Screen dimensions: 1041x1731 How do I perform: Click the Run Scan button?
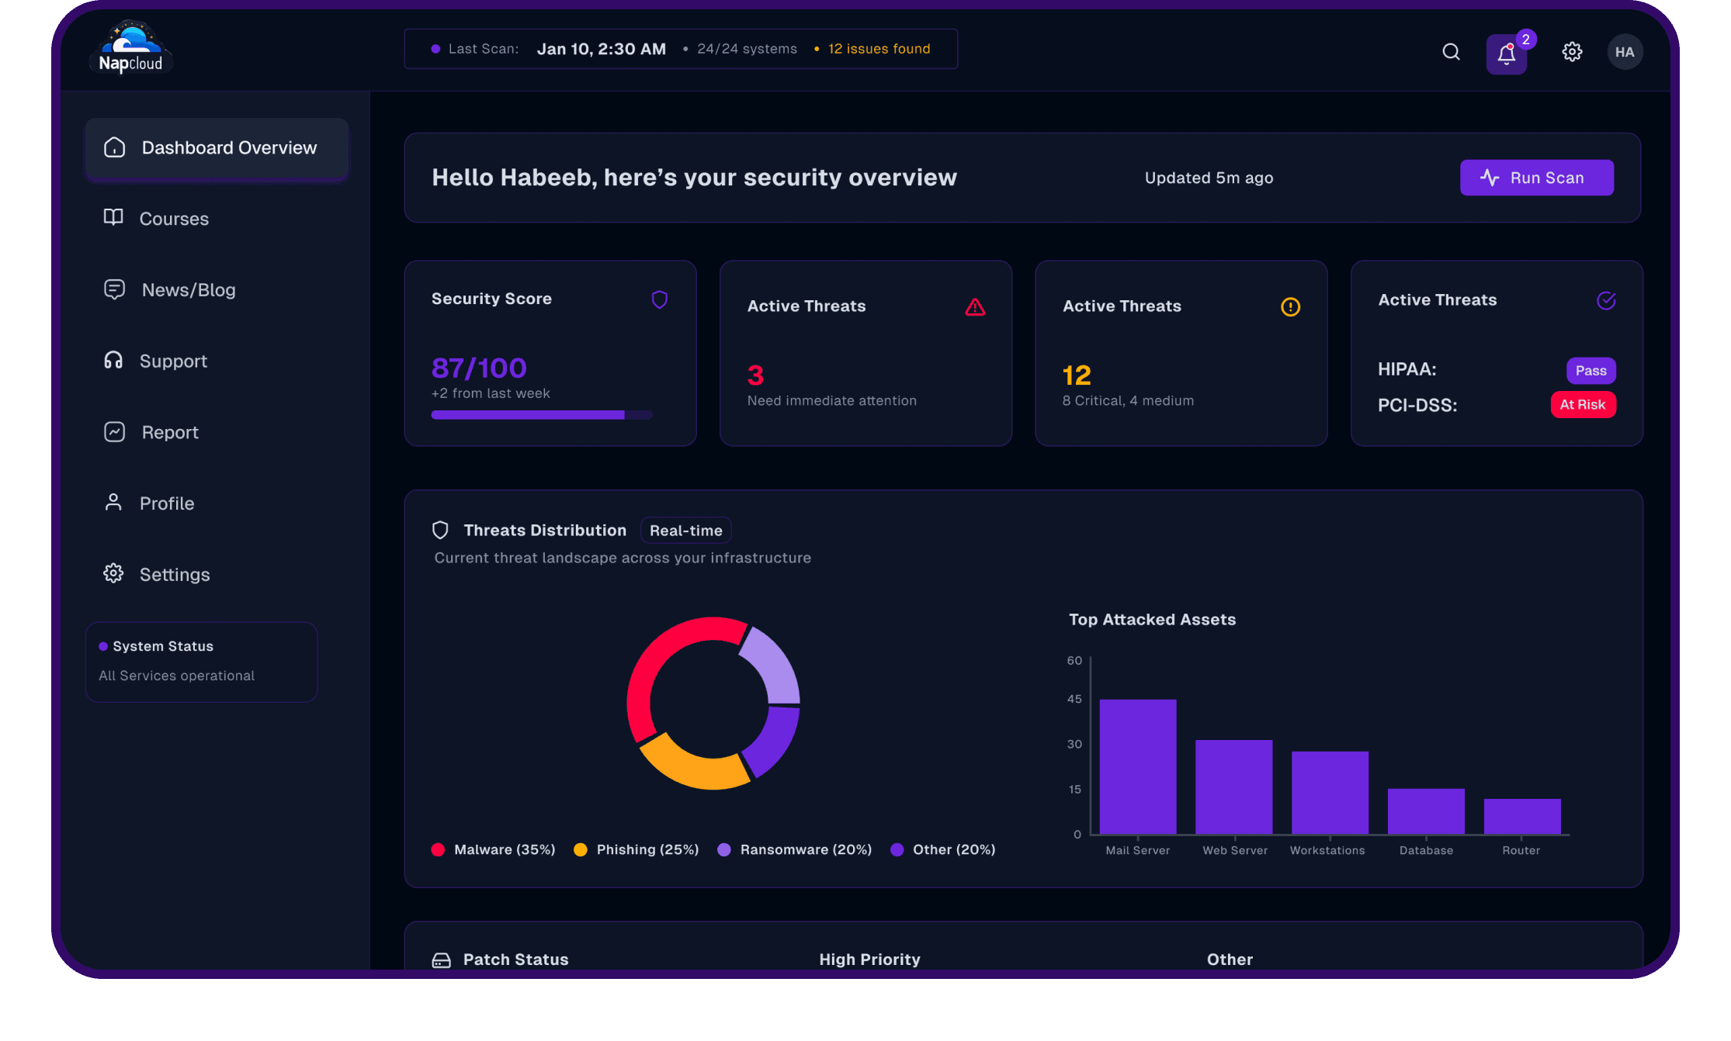(x=1536, y=178)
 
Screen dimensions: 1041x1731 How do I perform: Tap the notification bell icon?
(x=1506, y=54)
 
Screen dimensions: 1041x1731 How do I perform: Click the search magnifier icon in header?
(x=1451, y=52)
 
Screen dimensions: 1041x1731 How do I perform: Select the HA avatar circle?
(x=1624, y=52)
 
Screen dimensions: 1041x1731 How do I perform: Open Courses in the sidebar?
(x=173, y=219)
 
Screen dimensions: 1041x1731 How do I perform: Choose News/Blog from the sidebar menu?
(x=188, y=290)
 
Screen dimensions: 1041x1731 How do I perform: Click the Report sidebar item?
(x=169, y=432)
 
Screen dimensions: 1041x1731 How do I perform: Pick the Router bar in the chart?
(x=1521, y=816)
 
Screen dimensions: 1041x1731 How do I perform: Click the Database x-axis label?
(x=1426, y=850)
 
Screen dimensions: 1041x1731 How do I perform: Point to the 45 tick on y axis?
(x=1074, y=699)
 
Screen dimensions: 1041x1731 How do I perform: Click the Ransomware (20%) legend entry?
(x=805, y=849)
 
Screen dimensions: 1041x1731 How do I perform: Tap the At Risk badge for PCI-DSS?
(x=1583, y=404)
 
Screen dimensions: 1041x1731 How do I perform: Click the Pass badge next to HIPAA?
(x=1591, y=371)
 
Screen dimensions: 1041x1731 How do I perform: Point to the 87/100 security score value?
(x=479, y=368)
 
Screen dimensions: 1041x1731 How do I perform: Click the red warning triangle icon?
(x=975, y=307)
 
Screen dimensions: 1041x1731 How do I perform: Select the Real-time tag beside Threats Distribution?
(x=685, y=531)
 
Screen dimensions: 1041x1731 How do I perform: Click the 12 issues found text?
(x=879, y=49)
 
